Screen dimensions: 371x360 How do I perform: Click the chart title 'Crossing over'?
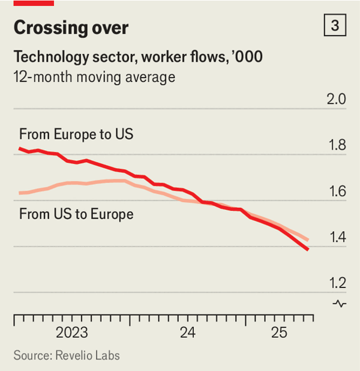coord(71,28)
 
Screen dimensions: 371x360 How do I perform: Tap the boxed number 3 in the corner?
coord(335,26)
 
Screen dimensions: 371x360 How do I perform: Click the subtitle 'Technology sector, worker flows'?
coord(137,57)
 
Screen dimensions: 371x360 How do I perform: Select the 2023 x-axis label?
coord(71,333)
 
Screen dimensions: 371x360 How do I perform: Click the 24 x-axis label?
coord(187,333)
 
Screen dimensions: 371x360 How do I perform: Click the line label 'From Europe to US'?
coord(76,133)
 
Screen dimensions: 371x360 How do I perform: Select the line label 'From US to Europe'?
coord(76,214)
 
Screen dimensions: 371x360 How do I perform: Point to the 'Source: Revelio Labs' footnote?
coord(67,355)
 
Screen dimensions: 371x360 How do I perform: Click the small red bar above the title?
coord(34,3)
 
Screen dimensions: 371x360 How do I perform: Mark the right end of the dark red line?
coord(308,249)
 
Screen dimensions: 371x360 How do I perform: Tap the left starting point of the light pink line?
coord(20,193)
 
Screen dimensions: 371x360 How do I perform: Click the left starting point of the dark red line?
coord(20,148)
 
